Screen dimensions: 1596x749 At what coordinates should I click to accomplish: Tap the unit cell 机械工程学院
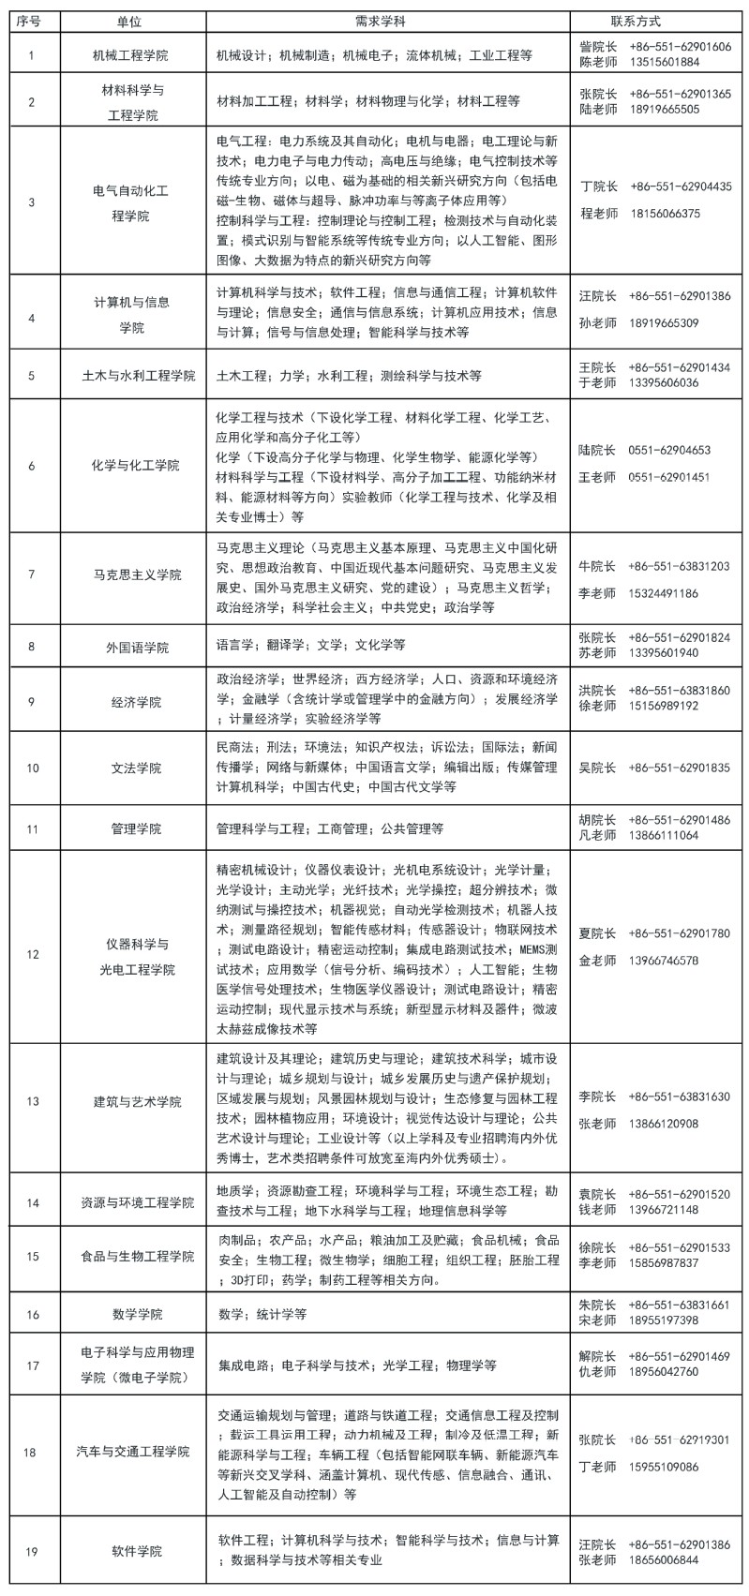[137, 55]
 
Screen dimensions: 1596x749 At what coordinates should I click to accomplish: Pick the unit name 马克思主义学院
[137, 574]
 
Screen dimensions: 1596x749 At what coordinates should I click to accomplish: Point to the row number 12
[32, 954]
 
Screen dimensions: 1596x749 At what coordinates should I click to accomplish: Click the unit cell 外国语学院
[137, 646]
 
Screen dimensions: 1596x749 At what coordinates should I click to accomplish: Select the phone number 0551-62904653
[669, 451]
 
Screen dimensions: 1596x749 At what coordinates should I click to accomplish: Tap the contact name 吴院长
[597, 768]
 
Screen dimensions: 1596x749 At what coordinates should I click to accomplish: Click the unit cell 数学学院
[137, 1314]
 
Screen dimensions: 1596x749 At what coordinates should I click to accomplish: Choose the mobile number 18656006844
[665, 1559]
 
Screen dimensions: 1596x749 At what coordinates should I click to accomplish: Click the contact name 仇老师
[597, 1372]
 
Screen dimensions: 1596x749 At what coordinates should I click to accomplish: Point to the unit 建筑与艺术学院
[137, 1101]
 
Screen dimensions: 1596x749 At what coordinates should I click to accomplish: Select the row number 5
[32, 376]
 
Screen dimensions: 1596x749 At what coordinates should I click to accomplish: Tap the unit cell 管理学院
[137, 828]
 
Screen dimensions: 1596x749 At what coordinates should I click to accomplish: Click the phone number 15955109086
[665, 1467]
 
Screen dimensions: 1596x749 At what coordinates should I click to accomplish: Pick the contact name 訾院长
[597, 47]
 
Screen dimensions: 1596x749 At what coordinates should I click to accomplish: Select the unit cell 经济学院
[137, 701]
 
